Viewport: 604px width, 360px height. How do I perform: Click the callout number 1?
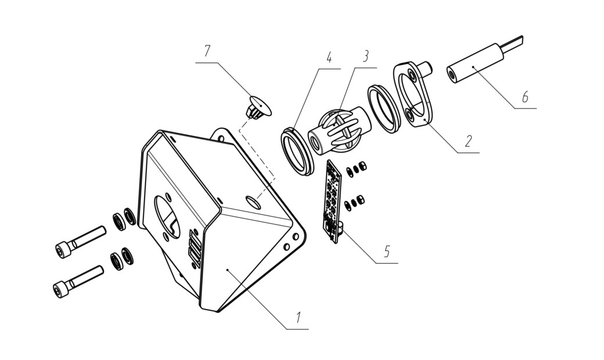point(297,318)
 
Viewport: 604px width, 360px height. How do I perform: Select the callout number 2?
point(468,141)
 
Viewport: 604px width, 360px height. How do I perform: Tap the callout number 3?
point(365,56)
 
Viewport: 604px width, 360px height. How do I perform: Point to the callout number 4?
point(329,57)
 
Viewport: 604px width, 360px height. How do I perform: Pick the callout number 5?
point(387,251)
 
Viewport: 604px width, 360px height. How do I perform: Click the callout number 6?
point(525,97)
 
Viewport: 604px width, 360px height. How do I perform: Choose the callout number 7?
point(207,51)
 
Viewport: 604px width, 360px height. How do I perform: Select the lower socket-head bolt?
point(78,282)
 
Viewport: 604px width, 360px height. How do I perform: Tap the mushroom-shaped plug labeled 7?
point(258,107)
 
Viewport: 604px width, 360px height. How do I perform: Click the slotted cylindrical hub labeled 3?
point(339,130)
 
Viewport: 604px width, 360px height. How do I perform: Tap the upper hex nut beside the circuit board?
point(362,166)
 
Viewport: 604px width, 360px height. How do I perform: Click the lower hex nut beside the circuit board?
point(360,200)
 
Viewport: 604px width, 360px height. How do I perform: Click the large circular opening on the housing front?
point(167,217)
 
